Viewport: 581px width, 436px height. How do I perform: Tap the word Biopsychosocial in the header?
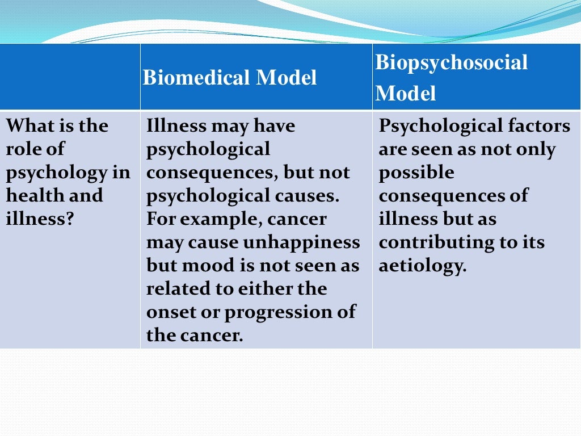click(x=452, y=62)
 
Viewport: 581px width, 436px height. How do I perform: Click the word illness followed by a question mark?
click(x=40, y=219)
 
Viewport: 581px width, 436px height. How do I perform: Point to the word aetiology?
click(x=422, y=266)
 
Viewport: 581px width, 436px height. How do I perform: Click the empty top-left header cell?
click(x=70, y=77)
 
